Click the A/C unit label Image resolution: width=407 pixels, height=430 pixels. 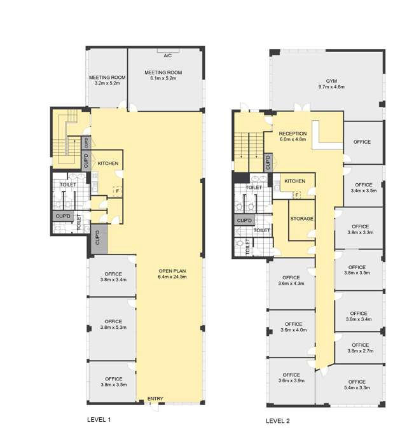click(x=168, y=56)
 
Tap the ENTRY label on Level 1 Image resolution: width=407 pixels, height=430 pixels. click(x=155, y=398)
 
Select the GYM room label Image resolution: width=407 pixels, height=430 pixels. click(x=331, y=81)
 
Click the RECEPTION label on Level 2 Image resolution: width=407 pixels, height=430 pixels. click(x=293, y=134)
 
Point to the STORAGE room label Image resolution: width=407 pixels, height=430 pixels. click(x=301, y=219)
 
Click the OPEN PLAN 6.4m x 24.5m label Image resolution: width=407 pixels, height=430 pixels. click(x=172, y=274)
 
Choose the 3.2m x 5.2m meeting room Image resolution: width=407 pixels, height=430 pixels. click(x=107, y=78)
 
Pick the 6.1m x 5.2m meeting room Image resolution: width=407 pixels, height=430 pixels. click(x=165, y=80)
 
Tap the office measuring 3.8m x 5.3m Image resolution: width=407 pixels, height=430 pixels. click(x=112, y=328)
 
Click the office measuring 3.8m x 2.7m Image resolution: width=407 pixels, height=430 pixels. click(x=359, y=348)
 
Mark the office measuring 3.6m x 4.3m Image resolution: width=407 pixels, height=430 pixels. click(x=291, y=284)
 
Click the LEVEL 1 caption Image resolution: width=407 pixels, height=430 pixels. click(x=99, y=420)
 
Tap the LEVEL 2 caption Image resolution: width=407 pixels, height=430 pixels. click(x=278, y=421)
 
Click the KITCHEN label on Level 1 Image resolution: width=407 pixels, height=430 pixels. click(x=108, y=163)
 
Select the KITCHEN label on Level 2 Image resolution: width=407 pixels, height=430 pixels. click(x=295, y=181)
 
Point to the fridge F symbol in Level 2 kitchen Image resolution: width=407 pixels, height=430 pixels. click(x=297, y=195)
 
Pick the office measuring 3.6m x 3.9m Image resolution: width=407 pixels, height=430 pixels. click(x=291, y=380)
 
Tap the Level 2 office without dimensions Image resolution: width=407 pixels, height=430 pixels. click(x=363, y=142)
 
